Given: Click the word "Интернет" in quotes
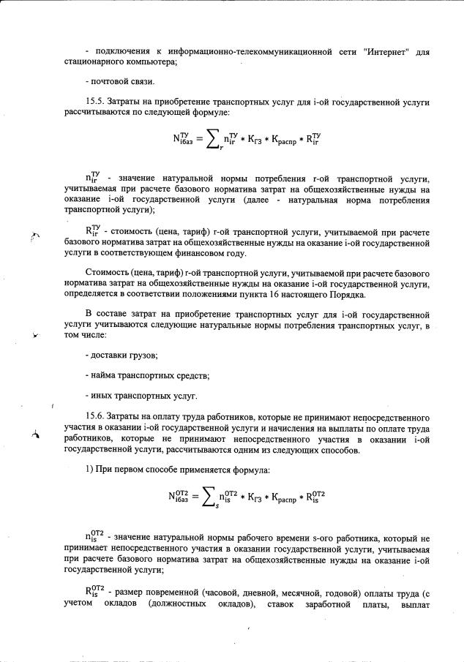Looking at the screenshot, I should point(386,52).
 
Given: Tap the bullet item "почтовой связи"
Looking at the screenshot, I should point(114,81).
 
